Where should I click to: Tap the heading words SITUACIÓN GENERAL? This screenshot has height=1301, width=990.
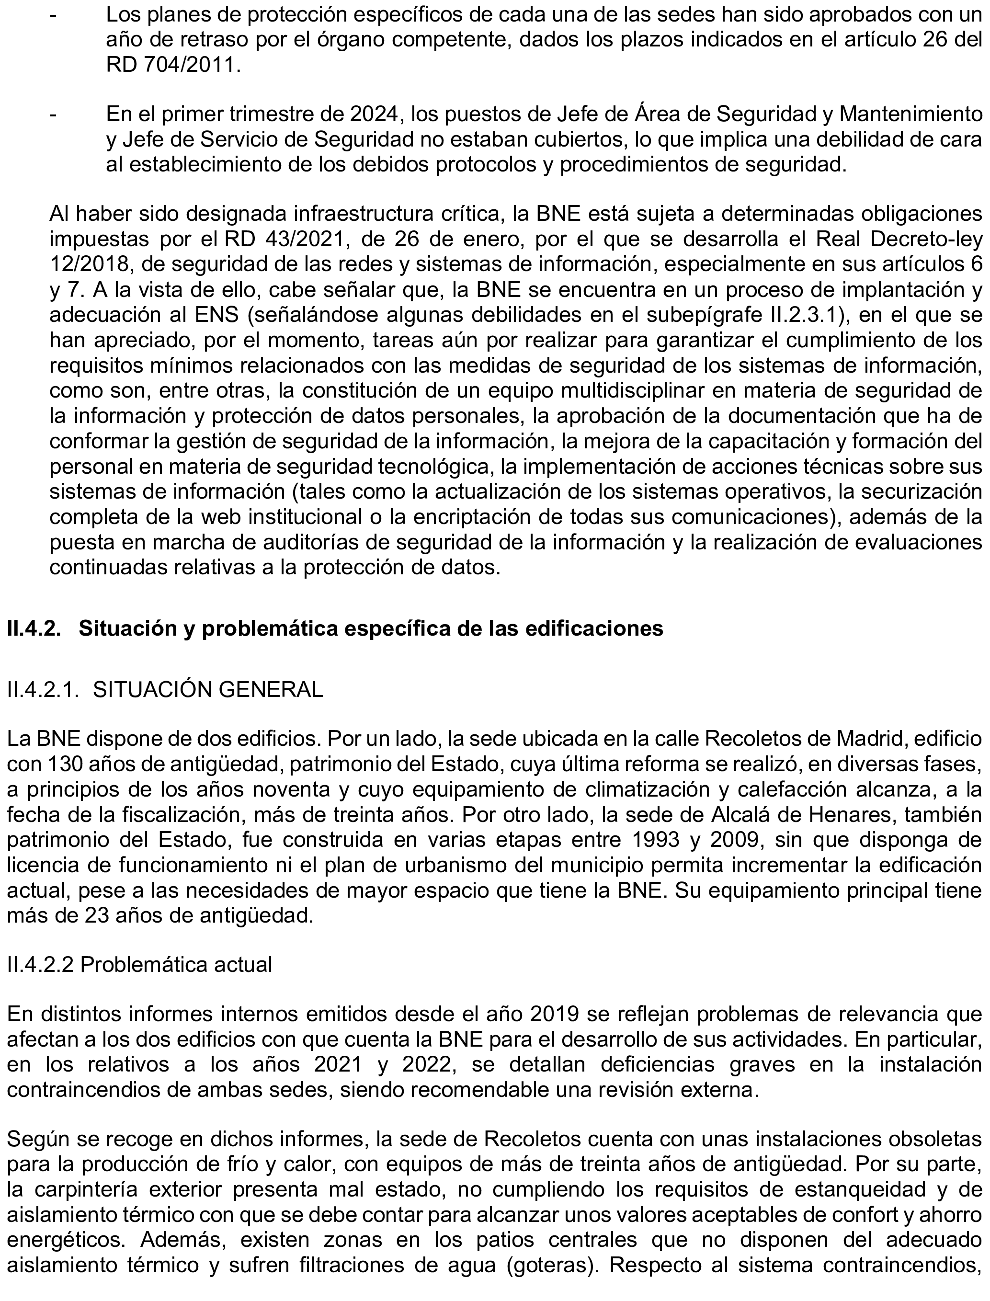[208, 689]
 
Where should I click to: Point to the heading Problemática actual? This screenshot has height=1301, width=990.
[176, 966]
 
